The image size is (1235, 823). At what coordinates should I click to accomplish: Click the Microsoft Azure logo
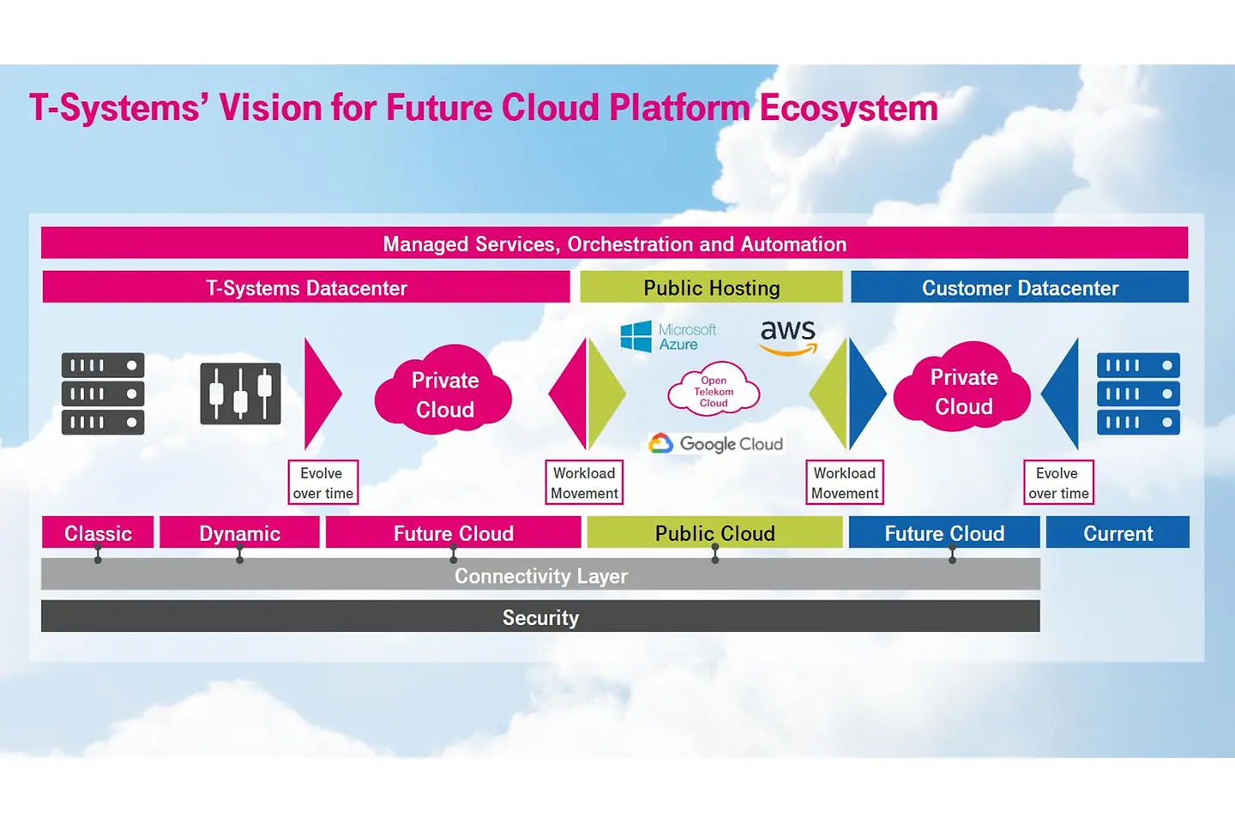pyautogui.click(x=668, y=337)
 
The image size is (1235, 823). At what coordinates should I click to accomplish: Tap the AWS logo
pyautogui.click(x=788, y=336)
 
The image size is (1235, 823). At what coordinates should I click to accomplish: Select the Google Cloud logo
pyautogui.click(x=716, y=444)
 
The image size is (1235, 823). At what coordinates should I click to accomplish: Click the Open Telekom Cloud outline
pyautogui.click(x=714, y=392)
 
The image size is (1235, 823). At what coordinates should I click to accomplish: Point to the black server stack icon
pyautogui.click(x=103, y=393)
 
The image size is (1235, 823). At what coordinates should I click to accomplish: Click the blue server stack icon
pyautogui.click(x=1138, y=393)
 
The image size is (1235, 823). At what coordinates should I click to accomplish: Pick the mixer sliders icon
pyautogui.click(x=240, y=393)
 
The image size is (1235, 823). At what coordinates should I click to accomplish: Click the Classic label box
pyautogui.click(x=98, y=533)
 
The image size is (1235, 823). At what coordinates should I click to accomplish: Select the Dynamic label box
pyautogui.click(x=239, y=533)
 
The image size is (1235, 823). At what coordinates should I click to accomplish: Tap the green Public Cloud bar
pyautogui.click(x=714, y=533)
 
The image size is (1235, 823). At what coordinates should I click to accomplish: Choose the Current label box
pyautogui.click(x=1118, y=533)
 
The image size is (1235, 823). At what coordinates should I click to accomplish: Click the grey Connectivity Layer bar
pyautogui.click(x=540, y=575)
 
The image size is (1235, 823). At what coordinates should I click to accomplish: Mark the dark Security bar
pyautogui.click(x=540, y=617)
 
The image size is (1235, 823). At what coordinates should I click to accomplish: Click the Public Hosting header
pyautogui.click(x=711, y=288)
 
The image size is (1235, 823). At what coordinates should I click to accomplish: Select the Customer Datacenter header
pyautogui.click(x=1020, y=288)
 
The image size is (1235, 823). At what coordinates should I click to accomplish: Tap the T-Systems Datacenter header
pyautogui.click(x=306, y=288)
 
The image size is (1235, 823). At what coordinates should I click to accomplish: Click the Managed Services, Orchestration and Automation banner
pyautogui.click(x=614, y=243)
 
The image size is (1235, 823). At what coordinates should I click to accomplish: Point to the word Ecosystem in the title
pyautogui.click(x=848, y=109)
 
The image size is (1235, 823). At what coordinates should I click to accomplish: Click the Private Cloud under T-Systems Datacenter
pyautogui.click(x=444, y=394)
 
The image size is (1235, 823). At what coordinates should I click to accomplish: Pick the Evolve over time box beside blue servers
pyautogui.click(x=1058, y=483)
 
